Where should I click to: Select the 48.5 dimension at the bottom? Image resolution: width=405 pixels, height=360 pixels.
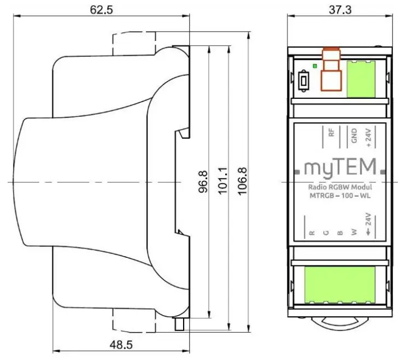point(121,346)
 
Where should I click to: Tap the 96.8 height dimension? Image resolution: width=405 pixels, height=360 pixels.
point(203,182)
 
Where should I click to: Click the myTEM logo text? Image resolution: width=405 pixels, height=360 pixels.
point(339,167)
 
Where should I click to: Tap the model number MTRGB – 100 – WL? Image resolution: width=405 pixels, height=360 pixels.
point(339,197)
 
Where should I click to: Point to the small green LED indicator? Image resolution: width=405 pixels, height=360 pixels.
point(313,66)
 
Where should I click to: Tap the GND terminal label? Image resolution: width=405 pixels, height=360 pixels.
point(354,135)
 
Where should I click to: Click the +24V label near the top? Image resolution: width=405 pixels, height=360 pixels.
point(367,134)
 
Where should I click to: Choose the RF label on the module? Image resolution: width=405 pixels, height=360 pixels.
point(331,134)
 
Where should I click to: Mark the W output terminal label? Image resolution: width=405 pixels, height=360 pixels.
point(354,233)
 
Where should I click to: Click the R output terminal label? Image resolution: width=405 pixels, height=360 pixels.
point(312,233)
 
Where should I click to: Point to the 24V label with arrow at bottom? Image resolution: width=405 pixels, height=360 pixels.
point(368,225)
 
